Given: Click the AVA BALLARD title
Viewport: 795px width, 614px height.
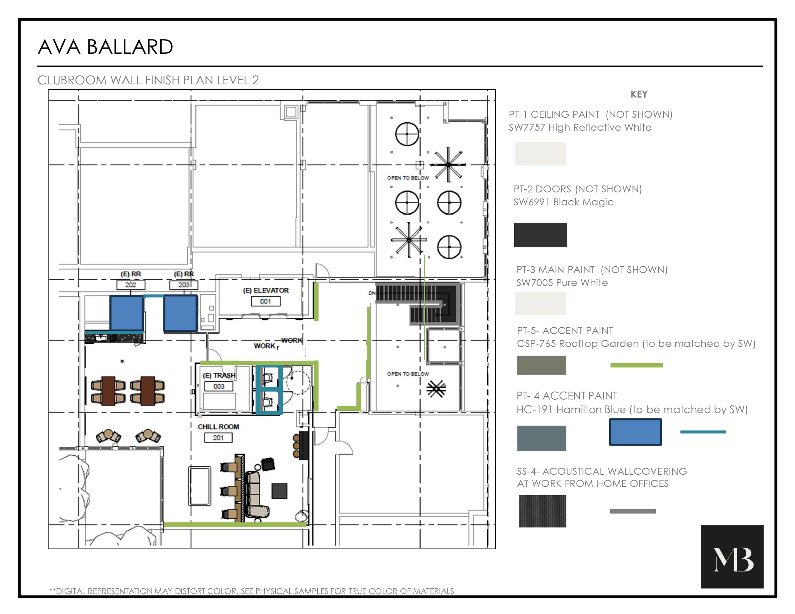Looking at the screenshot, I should [105, 47].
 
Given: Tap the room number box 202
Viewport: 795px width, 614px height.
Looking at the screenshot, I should [131, 285].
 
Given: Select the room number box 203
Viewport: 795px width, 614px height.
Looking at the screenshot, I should [183, 285].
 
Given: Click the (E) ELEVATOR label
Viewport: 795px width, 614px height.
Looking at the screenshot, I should [266, 290].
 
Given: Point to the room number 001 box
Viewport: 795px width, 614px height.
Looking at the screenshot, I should [265, 301].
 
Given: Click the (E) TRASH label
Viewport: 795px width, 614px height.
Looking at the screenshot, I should [219, 375].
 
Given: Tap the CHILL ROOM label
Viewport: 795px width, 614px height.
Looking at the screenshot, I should [218, 427].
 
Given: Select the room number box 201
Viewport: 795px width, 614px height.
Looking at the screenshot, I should [218, 438].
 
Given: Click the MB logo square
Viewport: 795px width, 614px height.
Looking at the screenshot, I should [732, 556].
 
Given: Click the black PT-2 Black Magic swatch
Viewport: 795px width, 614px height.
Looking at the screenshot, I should [540, 235].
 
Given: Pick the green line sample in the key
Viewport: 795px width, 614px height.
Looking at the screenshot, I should [636, 365].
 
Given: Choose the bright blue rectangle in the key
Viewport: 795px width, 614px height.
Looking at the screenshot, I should [635, 432].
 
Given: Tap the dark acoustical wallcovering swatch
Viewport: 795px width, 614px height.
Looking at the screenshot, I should [542, 511].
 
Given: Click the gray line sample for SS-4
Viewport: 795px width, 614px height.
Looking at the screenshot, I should [633, 511].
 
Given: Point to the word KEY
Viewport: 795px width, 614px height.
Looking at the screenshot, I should [639, 94].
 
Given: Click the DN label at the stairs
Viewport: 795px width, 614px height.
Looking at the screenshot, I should [372, 293].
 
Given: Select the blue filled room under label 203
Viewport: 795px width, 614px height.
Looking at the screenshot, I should [181, 313].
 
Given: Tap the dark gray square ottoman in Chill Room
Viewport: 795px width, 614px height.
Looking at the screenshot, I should [280, 491].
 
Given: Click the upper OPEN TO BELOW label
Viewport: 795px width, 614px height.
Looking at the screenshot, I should [408, 178].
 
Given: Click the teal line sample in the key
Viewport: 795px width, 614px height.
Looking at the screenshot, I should [703, 432].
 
